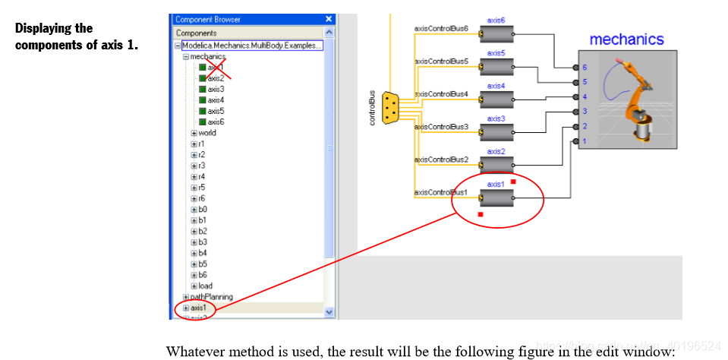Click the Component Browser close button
(329, 19)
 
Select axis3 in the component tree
(216, 89)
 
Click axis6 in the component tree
(216, 122)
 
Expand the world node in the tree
(194, 133)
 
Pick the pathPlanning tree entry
(211, 297)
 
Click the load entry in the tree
(205, 286)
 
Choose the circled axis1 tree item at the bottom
(198, 308)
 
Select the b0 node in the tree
(203, 209)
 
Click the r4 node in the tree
(202, 176)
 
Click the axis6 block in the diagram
(496, 34)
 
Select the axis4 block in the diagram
(496, 100)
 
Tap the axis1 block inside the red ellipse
(496, 198)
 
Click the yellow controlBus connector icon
(391, 107)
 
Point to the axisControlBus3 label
(441, 126)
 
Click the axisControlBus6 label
(441, 28)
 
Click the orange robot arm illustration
(636, 99)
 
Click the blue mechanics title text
(626, 39)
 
